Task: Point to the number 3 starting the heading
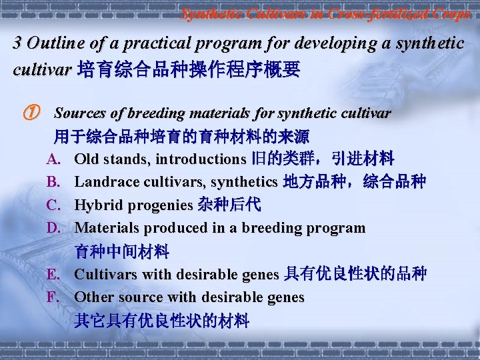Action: click(x=18, y=43)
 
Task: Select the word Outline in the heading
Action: click(x=52, y=43)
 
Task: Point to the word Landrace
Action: click(x=106, y=182)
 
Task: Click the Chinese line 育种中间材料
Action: click(x=121, y=251)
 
